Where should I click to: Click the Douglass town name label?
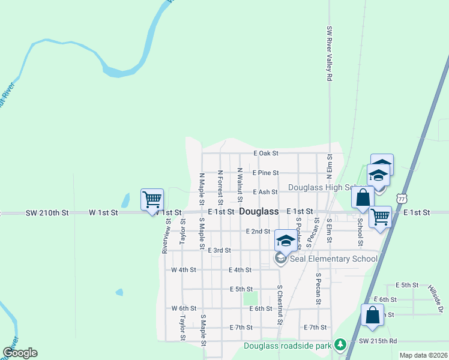tap(259, 212)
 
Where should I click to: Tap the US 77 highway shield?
tap(402, 197)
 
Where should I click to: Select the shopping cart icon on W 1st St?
tap(152, 199)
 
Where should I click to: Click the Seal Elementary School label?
tap(334, 259)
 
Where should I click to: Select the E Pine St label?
tap(265, 173)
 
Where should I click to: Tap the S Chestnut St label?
tap(280, 305)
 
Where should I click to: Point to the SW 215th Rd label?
tap(378, 341)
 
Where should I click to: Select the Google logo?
tap(20, 353)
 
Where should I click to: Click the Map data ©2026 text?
tap(423, 355)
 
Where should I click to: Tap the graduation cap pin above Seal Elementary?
tap(286, 241)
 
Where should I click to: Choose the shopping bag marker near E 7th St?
tap(372, 316)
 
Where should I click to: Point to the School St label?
tap(360, 232)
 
